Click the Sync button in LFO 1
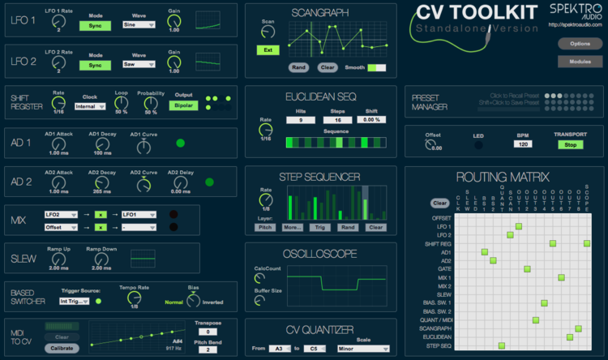point(95,25)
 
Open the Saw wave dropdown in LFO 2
point(140,65)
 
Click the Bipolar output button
point(183,105)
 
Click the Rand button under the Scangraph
point(299,67)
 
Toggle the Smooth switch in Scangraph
point(376,67)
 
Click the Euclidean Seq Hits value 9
point(300,120)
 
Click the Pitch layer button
point(265,227)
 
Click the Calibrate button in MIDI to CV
point(62,348)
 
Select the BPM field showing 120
point(523,144)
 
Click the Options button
point(580,43)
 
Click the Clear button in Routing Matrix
point(439,203)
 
